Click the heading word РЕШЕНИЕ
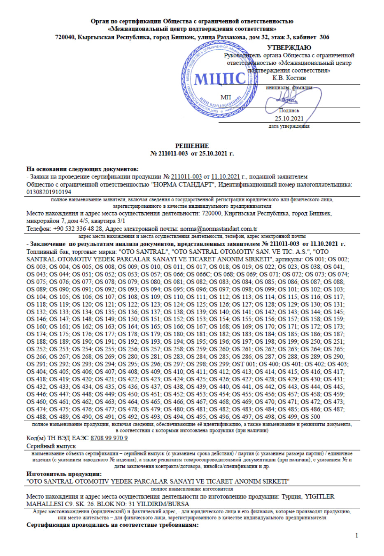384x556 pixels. pyautogui.click(x=192, y=146)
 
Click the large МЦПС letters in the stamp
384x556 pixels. pyautogui.click(x=220, y=79)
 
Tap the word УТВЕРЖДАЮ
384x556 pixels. pyautogui.click(x=289, y=48)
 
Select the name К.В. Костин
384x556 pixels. pyautogui.click(x=289, y=78)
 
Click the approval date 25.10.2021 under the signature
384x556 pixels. pyautogui.click(x=289, y=119)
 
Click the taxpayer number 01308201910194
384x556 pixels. pyautogui.click(x=49, y=192)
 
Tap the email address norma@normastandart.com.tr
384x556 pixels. pyautogui.click(x=219, y=229)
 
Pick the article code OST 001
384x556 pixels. pyautogui.click(x=244, y=364)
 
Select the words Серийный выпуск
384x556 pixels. pyautogui.click(x=51, y=446)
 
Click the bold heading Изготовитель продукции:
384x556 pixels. pyautogui.click(x=64, y=474)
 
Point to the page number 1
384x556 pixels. pyautogui.click(x=356, y=535)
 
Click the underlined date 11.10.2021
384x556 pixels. pyautogui.click(x=225, y=177)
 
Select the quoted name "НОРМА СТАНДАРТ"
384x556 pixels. pyautogui.click(x=183, y=185)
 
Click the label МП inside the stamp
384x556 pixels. pyautogui.click(x=226, y=97)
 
